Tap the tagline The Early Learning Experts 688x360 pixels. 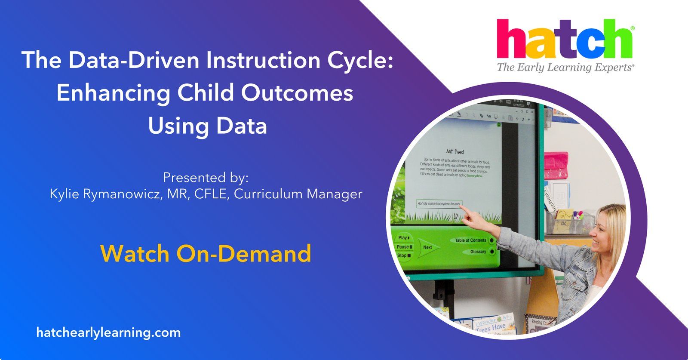point(565,68)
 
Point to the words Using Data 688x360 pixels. point(207,126)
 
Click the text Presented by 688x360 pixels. point(206,177)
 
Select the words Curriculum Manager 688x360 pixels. point(298,194)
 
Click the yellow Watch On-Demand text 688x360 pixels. point(206,253)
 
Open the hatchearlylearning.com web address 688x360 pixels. point(108,332)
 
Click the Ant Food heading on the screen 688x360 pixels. point(455,151)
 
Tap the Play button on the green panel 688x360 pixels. point(404,237)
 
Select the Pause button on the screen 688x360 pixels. point(404,247)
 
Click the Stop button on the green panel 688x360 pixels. point(403,255)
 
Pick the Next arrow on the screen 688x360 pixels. point(427,247)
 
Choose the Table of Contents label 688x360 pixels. point(470,240)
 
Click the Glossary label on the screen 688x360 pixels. point(478,252)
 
